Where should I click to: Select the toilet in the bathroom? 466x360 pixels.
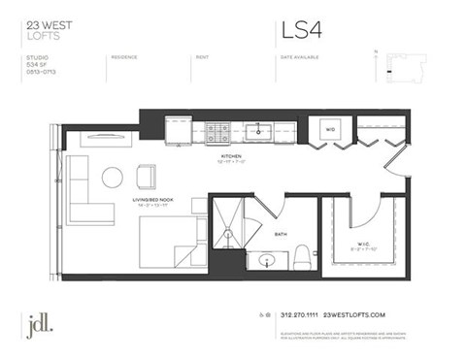click(302, 257)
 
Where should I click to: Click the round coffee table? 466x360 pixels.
click(114, 177)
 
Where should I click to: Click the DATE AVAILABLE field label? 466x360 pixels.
click(299, 57)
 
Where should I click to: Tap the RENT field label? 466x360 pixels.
click(202, 57)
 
